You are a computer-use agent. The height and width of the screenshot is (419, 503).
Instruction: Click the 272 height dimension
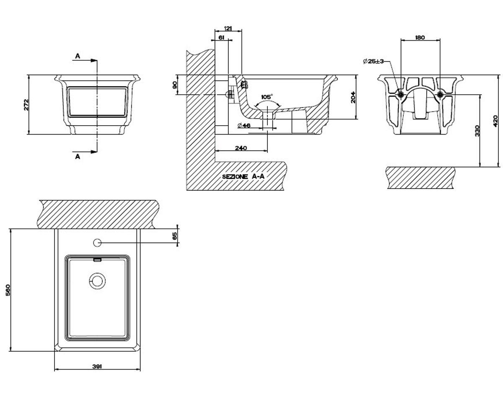pos(26,104)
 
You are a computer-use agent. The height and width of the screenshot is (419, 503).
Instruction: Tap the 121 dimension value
pos(228,28)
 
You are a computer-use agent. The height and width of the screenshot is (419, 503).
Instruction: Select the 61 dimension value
pos(221,38)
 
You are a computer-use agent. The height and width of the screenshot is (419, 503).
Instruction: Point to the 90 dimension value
pos(175,85)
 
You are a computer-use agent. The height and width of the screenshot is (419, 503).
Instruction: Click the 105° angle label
pos(267,97)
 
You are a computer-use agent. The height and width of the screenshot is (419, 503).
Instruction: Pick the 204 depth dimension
pos(353,97)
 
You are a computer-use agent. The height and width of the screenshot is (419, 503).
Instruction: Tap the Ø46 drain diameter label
pos(244,125)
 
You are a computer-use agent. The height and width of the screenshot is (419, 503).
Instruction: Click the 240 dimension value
pos(241,148)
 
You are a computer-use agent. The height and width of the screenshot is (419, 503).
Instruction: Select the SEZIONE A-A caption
pos(243,176)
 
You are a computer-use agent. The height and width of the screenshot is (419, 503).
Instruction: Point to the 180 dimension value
pos(420,38)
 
